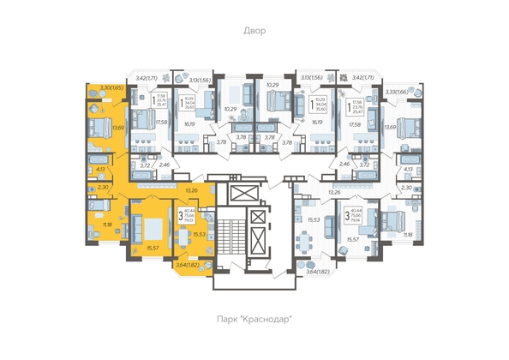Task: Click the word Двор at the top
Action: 254,31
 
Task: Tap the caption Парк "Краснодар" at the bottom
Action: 254,320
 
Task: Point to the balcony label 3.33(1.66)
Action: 395,92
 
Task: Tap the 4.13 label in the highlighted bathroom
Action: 100,170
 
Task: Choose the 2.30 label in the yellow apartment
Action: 102,187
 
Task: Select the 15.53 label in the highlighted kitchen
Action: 199,233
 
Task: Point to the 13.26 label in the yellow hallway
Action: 191,189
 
